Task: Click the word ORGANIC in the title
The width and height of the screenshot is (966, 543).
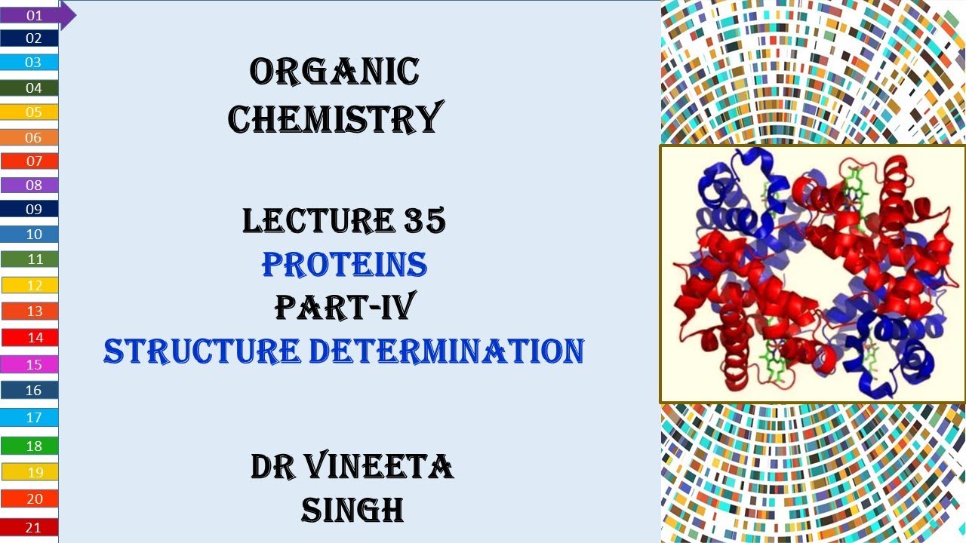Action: (x=334, y=72)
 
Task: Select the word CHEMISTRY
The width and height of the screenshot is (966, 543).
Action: (x=334, y=119)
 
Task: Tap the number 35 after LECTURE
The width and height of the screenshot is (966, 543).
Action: (x=422, y=221)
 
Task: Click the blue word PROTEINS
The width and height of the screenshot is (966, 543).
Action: (x=344, y=265)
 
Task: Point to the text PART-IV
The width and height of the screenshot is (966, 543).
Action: (x=344, y=307)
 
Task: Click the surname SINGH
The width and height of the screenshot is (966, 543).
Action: (x=352, y=511)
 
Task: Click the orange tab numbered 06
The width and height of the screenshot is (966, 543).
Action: (x=31, y=137)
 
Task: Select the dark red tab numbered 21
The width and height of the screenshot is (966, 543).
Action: (x=31, y=527)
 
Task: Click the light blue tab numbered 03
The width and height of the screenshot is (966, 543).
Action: (x=31, y=63)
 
